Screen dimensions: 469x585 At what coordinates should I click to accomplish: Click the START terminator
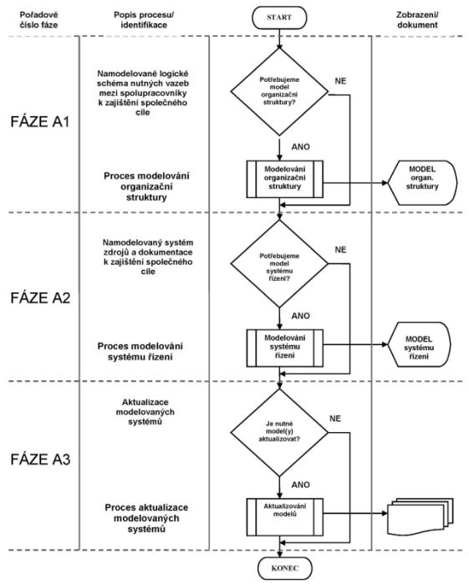279,18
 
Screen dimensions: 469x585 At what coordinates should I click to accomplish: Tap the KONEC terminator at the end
285,568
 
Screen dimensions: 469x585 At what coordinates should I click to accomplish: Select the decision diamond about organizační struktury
279,92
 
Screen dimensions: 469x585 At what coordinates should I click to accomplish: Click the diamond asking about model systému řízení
279,264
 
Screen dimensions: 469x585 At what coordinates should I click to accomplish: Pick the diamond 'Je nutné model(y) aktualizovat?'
279,433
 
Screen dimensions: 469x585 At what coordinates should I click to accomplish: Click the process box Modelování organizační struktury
285,179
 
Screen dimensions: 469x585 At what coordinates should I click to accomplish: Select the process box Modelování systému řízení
285,348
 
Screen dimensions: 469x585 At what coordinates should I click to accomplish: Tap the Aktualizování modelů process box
285,517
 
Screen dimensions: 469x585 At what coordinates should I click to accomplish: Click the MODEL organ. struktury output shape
422,183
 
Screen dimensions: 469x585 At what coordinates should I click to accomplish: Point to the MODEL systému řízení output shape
419,344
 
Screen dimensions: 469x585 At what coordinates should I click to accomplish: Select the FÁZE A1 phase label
40,122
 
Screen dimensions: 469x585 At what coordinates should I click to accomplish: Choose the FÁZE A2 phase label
40,298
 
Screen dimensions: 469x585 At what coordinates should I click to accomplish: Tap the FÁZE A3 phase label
40,460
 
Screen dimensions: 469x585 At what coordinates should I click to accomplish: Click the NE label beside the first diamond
340,81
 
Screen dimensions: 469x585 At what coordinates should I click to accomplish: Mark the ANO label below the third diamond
301,485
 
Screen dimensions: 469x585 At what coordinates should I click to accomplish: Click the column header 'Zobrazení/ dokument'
417,20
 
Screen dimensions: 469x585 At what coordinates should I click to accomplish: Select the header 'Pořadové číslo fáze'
38,20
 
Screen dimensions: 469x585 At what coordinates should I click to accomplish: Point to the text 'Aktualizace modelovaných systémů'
145,412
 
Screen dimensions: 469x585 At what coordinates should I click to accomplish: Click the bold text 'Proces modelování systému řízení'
140,352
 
